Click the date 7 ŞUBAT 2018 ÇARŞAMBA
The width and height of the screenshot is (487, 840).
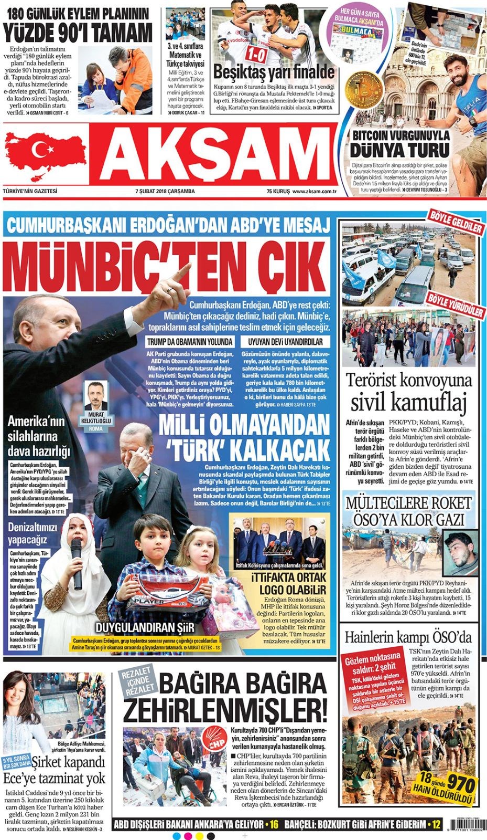click(165, 192)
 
